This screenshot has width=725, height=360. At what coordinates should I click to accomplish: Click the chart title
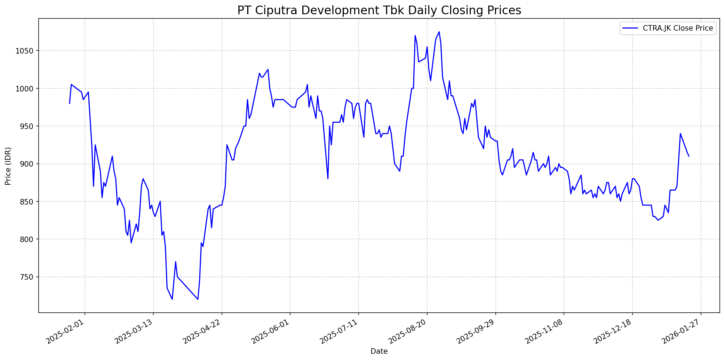(x=379, y=10)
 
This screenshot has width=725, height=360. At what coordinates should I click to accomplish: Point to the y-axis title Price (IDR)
(x=8, y=166)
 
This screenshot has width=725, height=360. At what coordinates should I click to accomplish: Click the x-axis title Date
(x=379, y=351)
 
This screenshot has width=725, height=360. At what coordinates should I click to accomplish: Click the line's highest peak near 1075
(x=439, y=32)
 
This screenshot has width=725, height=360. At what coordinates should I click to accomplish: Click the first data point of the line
(x=70, y=103)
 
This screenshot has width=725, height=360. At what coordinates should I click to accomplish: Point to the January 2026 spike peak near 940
(x=680, y=134)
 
